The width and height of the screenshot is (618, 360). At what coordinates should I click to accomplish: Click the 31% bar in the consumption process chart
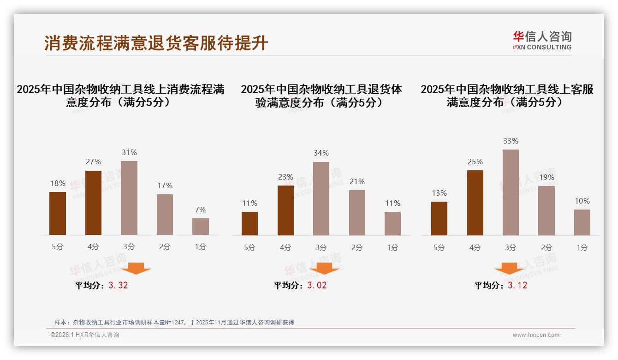point(129,198)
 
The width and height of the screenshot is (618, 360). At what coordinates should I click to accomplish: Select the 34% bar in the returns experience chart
point(321,198)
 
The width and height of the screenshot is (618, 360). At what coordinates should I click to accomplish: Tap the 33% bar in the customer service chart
point(511,192)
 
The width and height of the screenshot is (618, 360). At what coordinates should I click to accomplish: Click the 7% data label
point(200,210)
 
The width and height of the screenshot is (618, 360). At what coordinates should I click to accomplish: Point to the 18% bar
point(58,213)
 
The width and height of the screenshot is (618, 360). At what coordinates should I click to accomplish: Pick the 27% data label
point(93,162)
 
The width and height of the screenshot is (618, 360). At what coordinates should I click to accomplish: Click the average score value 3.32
point(118,285)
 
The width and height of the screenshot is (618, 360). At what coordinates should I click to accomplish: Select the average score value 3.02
point(317,285)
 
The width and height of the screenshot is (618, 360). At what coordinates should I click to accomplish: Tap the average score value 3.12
point(517,285)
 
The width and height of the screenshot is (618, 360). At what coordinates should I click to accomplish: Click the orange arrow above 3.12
point(509,269)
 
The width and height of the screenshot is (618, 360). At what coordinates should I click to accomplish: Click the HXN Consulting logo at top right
point(542,40)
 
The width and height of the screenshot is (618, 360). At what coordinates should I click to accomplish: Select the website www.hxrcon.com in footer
point(536,335)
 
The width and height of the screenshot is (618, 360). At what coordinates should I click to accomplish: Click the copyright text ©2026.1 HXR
point(85,335)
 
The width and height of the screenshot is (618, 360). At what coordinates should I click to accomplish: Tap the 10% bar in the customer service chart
point(582,222)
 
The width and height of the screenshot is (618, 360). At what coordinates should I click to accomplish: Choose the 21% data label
point(357,181)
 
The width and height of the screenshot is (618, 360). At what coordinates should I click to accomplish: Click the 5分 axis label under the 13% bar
point(439,247)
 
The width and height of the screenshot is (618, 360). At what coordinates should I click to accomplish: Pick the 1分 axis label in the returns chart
point(392,247)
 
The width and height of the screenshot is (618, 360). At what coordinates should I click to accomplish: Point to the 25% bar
point(475,203)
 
